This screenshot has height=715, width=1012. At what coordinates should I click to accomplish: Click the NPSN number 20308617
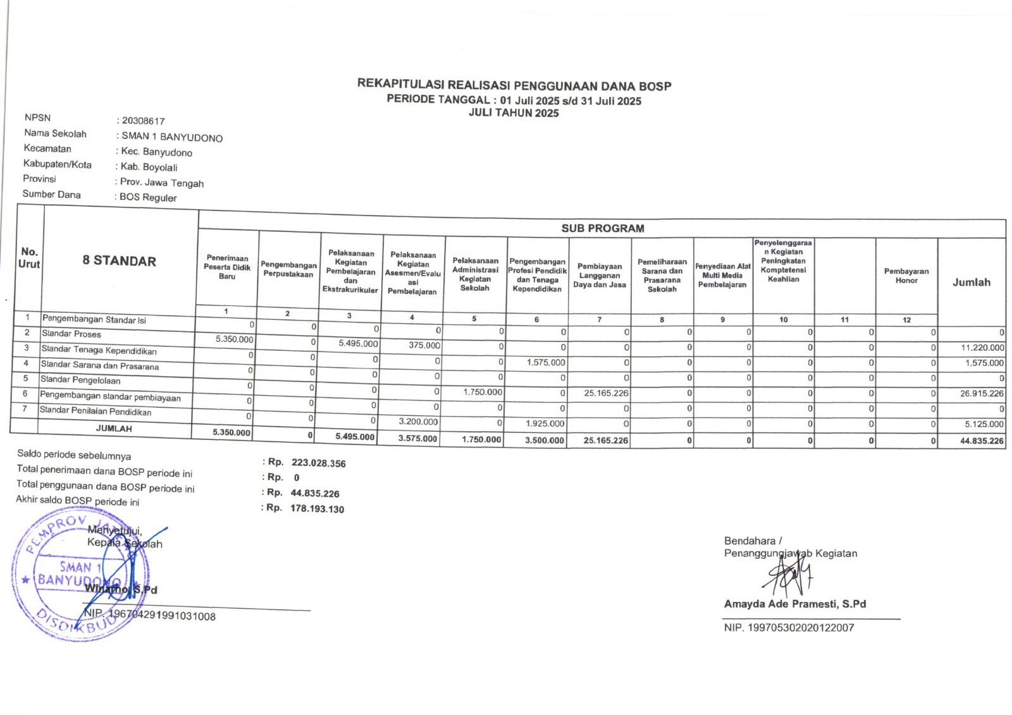point(144,121)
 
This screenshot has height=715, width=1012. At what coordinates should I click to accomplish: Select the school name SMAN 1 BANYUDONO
point(172,137)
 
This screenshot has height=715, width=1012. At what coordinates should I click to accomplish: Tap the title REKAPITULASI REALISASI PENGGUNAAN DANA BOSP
point(514,85)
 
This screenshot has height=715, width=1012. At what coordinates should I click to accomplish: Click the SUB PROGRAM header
point(602,228)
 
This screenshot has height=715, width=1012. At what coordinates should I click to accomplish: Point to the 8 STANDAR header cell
point(119,260)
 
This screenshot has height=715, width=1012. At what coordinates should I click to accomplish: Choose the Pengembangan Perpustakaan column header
point(288,270)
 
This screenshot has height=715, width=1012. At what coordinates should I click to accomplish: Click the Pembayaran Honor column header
point(906,276)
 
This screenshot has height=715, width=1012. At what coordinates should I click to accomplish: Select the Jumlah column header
point(972,283)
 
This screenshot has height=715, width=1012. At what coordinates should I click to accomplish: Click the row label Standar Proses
point(71,334)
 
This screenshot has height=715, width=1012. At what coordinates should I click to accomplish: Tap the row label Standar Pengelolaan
point(80,380)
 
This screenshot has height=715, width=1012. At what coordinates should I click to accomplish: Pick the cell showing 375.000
point(424,345)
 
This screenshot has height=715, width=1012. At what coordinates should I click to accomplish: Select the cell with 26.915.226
point(982,393)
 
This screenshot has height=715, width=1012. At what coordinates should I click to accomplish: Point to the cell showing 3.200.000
point(418,422)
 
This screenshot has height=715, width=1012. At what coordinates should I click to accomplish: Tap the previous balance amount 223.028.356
point(318,463)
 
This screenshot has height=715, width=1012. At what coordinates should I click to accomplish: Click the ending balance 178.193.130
point(317,509)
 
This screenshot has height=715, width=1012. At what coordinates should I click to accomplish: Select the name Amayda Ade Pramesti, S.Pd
point(794,604)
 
